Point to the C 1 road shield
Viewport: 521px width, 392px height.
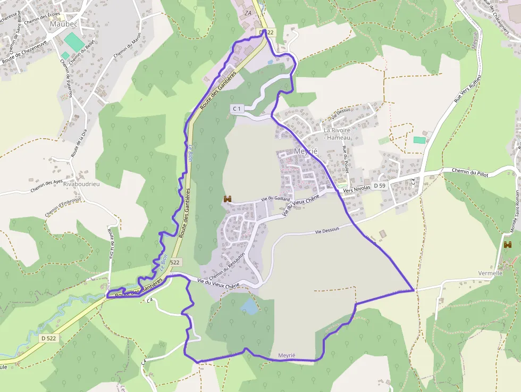tap(237, 109)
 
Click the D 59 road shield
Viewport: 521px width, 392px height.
tap(379, 186)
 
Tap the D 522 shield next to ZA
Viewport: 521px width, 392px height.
tap(267, 32)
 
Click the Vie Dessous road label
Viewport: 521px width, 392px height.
tap(327, 231)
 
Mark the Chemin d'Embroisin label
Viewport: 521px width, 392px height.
tap(62, 207)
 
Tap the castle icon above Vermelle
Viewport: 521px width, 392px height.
tap(507, 245)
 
